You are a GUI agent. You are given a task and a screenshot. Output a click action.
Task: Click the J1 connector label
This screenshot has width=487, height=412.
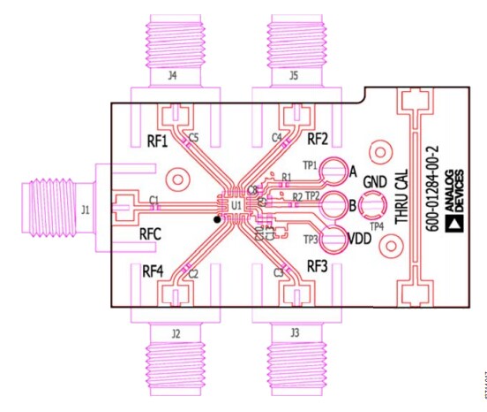tap(85, 210)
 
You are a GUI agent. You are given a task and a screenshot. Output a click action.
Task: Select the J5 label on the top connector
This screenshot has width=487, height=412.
tap(293, 77)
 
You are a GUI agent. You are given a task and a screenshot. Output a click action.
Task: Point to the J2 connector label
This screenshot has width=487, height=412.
tap(176, 333)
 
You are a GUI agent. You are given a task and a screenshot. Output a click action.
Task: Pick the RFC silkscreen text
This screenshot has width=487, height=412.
tap(154, 234)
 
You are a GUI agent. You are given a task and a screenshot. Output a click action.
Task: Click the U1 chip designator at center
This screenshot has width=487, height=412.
tap(236, 205)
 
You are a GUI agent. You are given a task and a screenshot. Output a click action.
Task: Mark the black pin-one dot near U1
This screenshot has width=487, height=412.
tap(216, 217)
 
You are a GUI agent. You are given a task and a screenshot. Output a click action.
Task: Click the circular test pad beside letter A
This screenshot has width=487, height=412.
tap(334, 172)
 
